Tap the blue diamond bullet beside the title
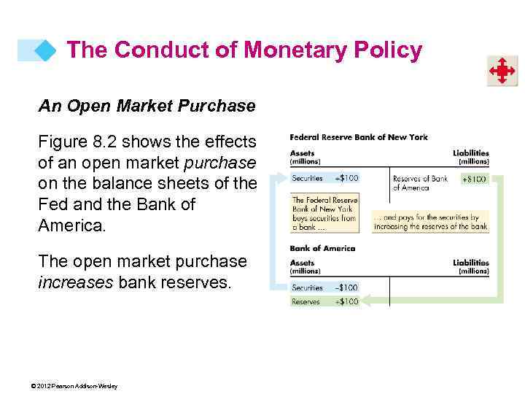pyautogui.click(x=46, y=50)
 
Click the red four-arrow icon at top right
pyautogui.click(x=502, y=72)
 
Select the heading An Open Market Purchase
pyautogui.click(x=147, y=107)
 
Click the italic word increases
pyautogui.click(x=74, y=282)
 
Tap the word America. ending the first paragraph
pyautogui.click(x=71, y=225)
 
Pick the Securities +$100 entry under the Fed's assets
pyautogui.click(x=324, y=178)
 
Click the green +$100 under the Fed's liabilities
pyautogui.click(x=475, y=179)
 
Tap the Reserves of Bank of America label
pyautogui.click(x=420, y=182)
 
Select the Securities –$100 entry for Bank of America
pyautogui.click(x=324, y=287)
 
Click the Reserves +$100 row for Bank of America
pyautogui.click(x=324, y=301)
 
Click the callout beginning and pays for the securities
pyautogui.click(x=430, y=221)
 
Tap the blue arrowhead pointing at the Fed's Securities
pyautogui.click(x=281, y=178)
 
